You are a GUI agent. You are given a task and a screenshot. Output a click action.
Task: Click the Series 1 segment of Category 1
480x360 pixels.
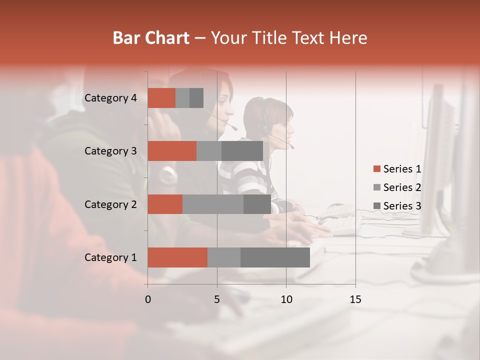177,257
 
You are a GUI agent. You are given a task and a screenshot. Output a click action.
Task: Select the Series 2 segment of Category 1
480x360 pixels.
224,257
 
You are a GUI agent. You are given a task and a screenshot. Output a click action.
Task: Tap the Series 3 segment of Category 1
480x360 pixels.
275,257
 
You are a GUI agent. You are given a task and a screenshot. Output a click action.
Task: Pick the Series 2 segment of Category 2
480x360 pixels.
213,204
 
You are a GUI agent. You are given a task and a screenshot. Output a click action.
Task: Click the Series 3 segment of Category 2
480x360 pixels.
257,204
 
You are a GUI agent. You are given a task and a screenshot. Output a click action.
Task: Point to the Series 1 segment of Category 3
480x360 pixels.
172,151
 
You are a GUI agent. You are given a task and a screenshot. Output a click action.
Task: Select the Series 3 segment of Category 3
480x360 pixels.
242,151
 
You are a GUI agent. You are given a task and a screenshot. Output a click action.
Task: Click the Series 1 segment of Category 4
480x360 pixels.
161,98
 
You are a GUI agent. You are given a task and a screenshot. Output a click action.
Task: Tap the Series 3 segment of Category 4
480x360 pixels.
196,98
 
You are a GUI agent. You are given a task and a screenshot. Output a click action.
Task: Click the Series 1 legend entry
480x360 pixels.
397,169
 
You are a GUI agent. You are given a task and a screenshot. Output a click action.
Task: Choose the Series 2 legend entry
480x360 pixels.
397,187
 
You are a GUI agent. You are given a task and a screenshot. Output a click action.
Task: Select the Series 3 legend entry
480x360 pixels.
397,206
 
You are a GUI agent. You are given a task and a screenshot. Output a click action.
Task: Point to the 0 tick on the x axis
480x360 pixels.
148,299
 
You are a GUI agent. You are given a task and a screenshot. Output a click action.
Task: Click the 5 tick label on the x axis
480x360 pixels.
217,299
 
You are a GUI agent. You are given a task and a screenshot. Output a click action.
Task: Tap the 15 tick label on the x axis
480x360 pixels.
355,299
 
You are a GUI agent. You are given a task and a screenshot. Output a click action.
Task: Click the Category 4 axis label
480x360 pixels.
110,98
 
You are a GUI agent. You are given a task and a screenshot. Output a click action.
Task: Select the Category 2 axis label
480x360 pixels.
110,204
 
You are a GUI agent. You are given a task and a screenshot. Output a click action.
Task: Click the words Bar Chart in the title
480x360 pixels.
151,38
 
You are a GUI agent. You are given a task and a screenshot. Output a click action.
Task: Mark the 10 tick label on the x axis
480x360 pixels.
286,299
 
